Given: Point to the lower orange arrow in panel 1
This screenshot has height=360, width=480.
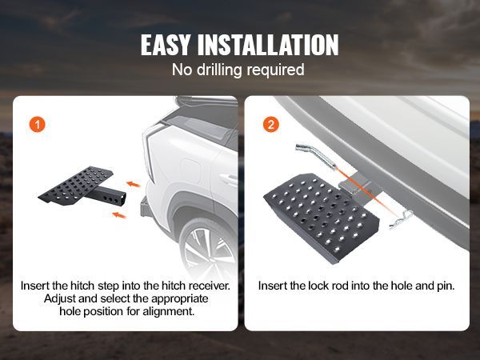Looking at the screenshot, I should coord(119,215).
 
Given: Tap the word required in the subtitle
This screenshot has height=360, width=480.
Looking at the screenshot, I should coord(274,70).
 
